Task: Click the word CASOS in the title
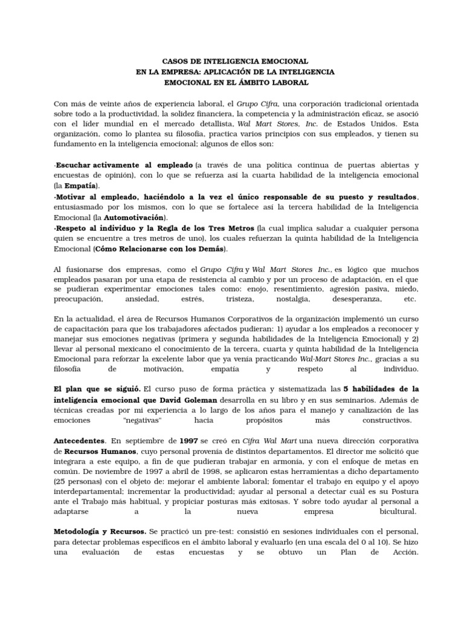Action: pyautogui.click(x=175, y=61)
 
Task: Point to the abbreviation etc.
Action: pyautogui.click(x=410, y=299)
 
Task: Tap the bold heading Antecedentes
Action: pyautogui.click(x=79, y=441)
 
